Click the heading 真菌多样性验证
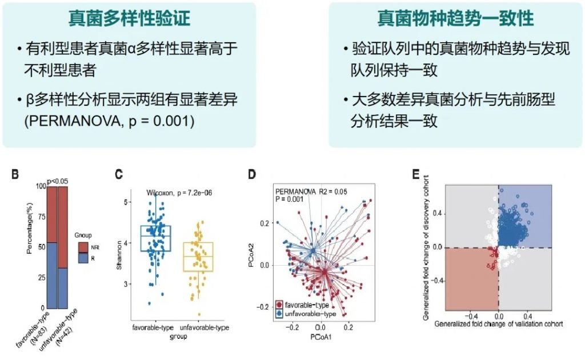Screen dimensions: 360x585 click(x=129, y=19)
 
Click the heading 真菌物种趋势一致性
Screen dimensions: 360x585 click(x=455, y=19)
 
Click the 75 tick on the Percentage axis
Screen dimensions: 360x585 click(x=39, y=217)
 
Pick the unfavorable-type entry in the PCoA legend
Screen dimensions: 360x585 click(x=308, y=313)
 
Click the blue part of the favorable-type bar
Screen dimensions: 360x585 click(x=51, y=274)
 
